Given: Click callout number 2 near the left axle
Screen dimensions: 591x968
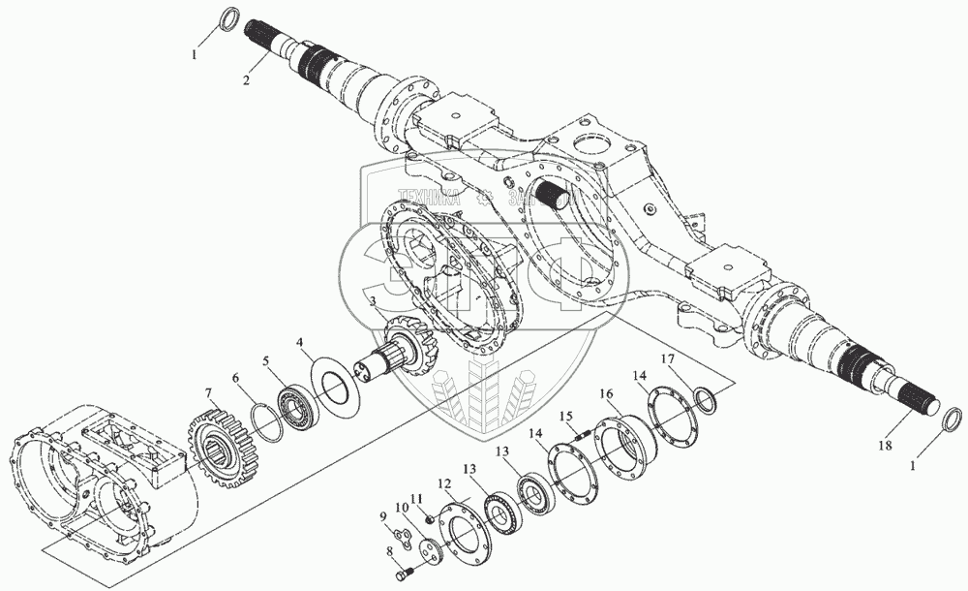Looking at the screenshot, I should (247, 80).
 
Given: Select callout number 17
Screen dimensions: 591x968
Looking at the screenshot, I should (668, 359).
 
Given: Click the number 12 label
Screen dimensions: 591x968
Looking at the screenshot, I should (444, 483).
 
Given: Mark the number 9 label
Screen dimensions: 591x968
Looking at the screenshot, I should (382, 516).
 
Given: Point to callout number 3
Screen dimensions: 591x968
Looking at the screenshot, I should (371, 303).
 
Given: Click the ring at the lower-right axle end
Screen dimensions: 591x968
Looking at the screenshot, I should (952, 420).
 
